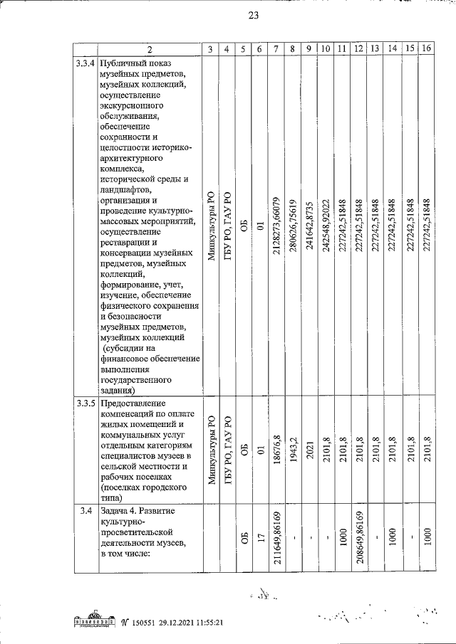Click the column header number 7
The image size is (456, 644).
(276, 48)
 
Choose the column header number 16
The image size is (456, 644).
(426, 48)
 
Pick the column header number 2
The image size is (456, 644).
(150, 48)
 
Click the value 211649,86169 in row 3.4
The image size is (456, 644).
(276, 547)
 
